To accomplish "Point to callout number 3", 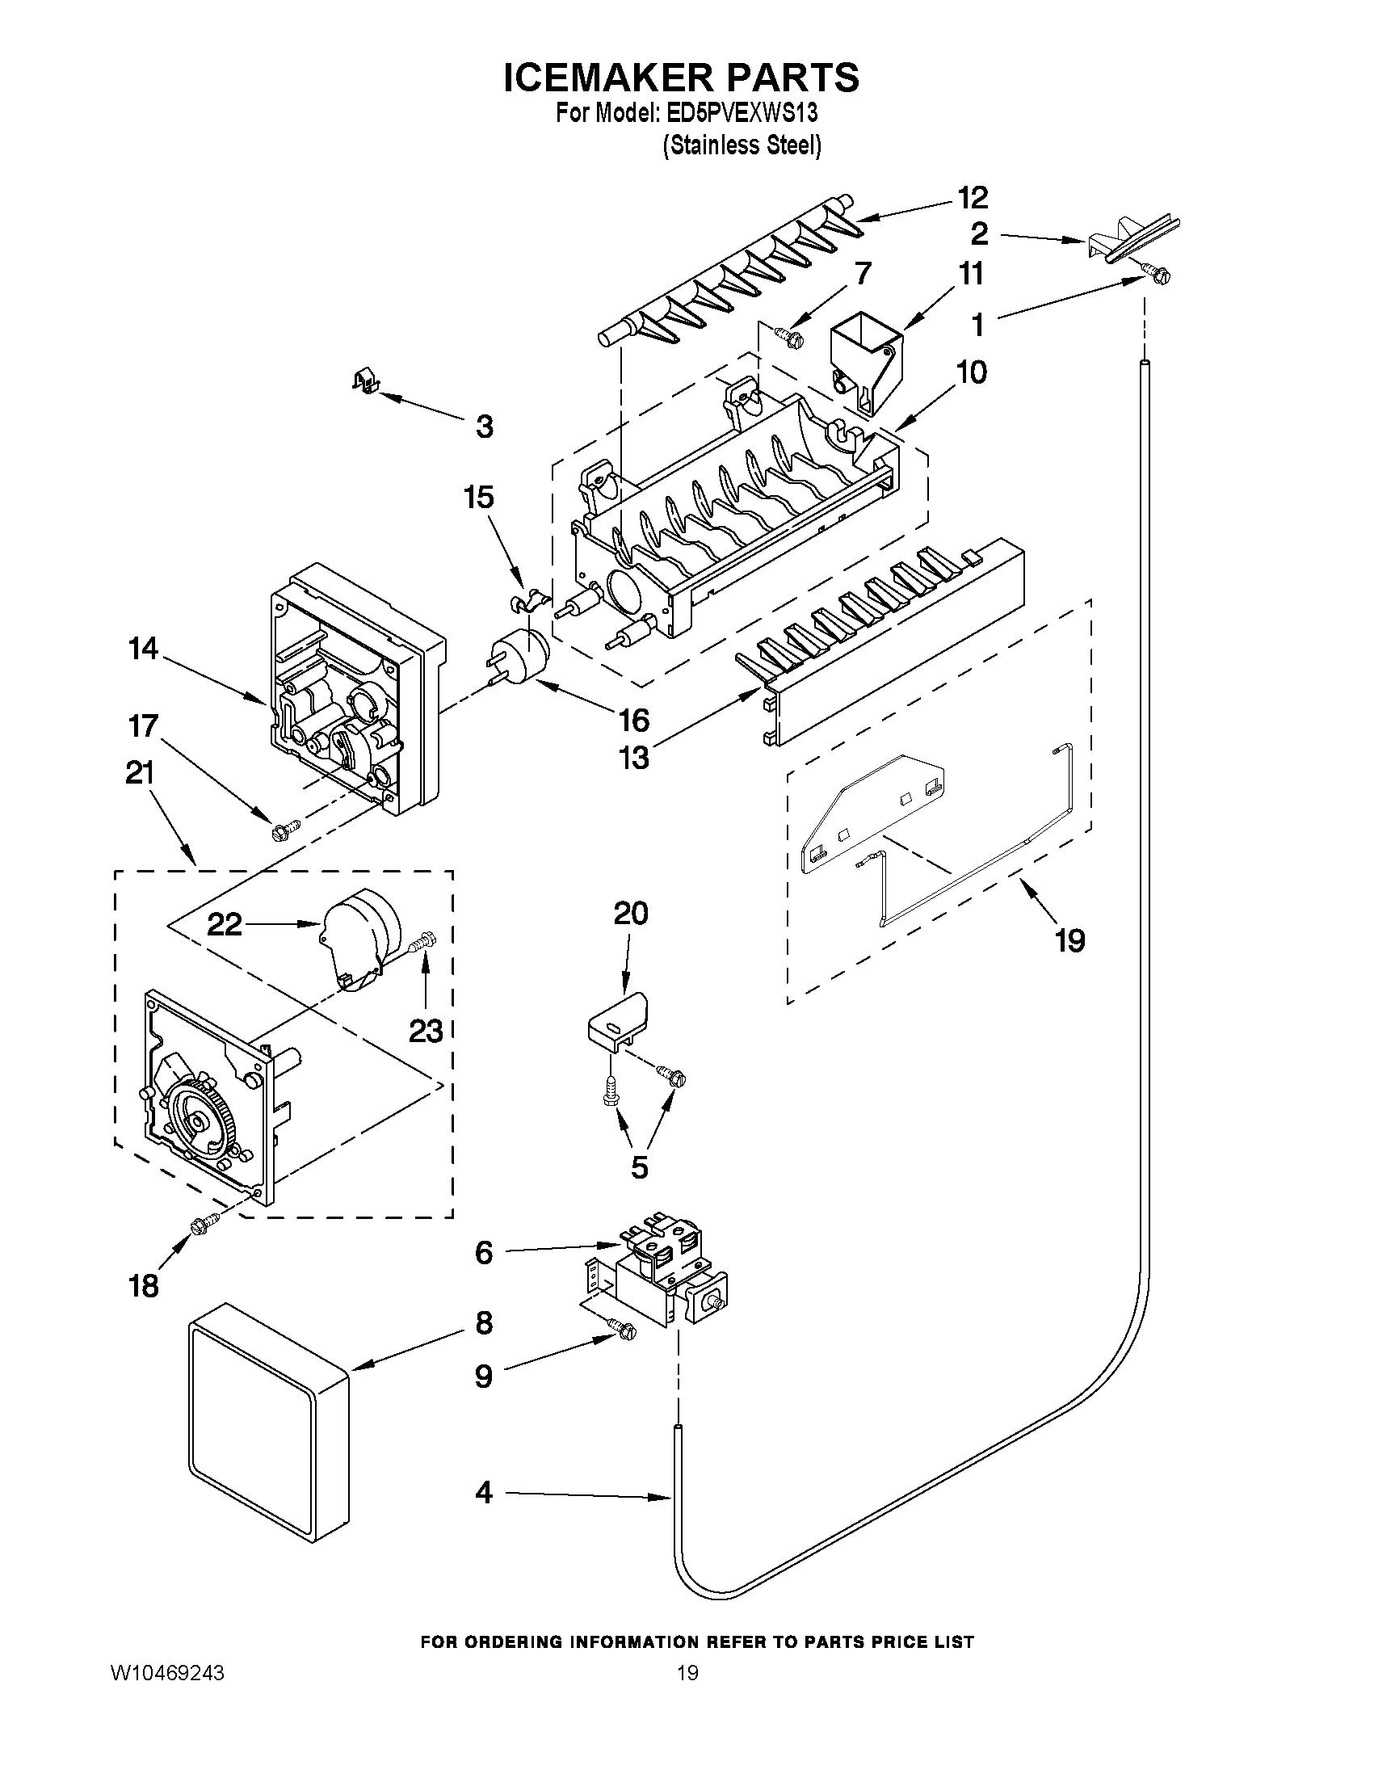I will (x=484, y=426).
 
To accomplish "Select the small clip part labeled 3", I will (x=367, y=380).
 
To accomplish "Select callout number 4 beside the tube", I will (x=484, y=1492).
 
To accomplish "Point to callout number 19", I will (x=1069, y=941).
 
